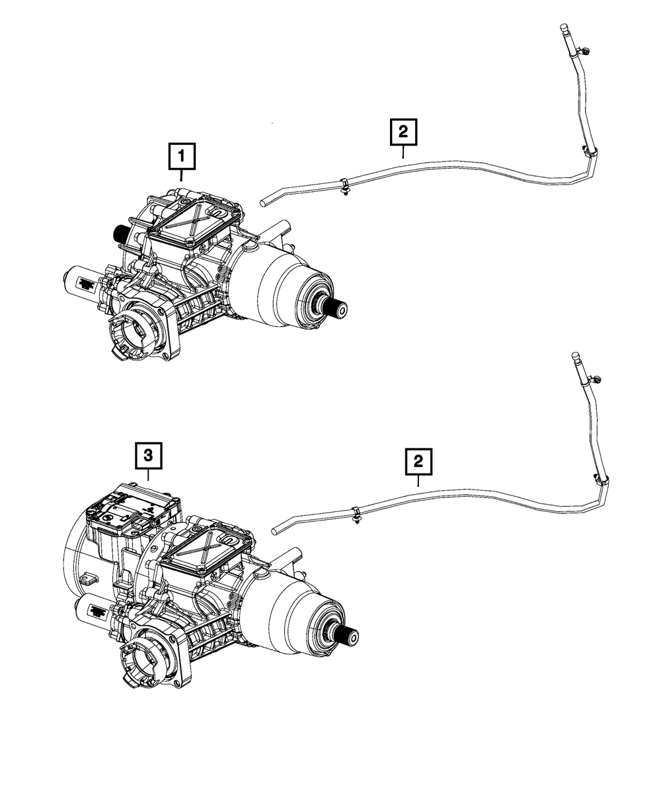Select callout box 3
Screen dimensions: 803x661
[148, 455]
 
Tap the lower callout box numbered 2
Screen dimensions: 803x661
[419, 461]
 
